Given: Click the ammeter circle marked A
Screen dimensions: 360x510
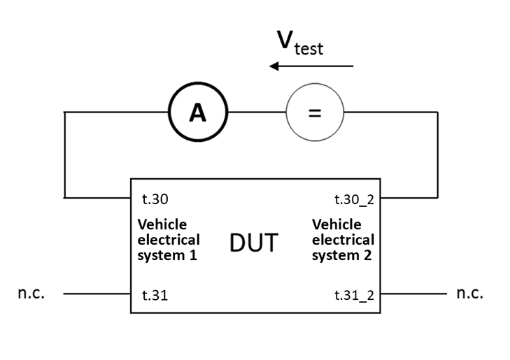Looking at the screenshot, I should (199, 113).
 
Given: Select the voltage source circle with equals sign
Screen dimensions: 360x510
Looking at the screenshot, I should (315, 113).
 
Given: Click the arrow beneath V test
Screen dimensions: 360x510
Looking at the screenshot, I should (311, 66).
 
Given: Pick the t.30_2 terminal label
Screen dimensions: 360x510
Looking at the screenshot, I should (354, 199).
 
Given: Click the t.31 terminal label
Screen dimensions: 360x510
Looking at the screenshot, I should (154, 295).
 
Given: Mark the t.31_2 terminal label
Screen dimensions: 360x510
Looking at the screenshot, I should (354, 295).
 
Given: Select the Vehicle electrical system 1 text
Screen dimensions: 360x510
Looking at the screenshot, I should (167, 240).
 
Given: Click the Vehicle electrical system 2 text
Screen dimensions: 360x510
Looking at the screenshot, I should (343, 240).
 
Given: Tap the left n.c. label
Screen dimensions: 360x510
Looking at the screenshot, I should (31, 293).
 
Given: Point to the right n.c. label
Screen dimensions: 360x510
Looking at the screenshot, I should (469, 293).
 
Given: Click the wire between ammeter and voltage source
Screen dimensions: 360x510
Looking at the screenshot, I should (257, 113).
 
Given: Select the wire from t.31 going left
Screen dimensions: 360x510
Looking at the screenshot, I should (98, 294).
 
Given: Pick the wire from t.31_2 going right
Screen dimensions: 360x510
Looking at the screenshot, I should (413, 294).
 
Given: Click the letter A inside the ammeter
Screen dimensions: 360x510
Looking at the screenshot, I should (199, 113).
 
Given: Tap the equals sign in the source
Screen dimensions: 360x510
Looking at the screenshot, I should (315, 113).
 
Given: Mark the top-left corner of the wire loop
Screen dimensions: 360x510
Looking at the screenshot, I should (64, 113).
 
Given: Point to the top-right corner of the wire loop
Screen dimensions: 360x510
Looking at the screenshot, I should (438, 113).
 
